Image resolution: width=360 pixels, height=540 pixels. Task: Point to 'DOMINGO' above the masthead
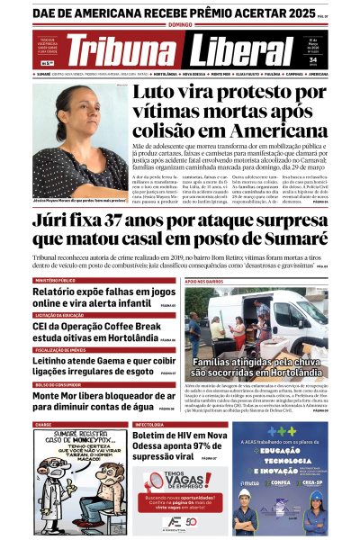(x=180, y=25)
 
